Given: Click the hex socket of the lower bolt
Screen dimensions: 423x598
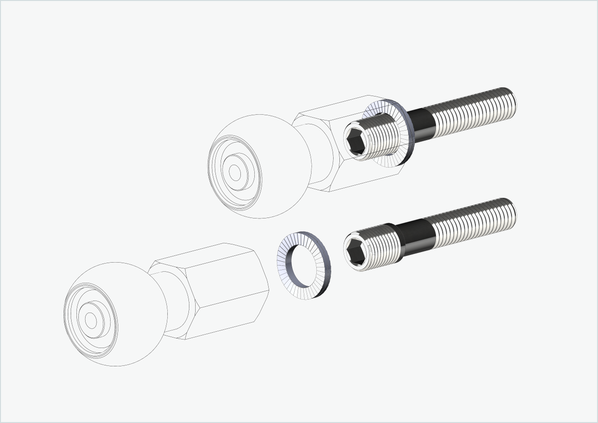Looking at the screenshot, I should tap(356, 251).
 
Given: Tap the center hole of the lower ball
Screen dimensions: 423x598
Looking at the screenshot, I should tap(91, 320).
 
